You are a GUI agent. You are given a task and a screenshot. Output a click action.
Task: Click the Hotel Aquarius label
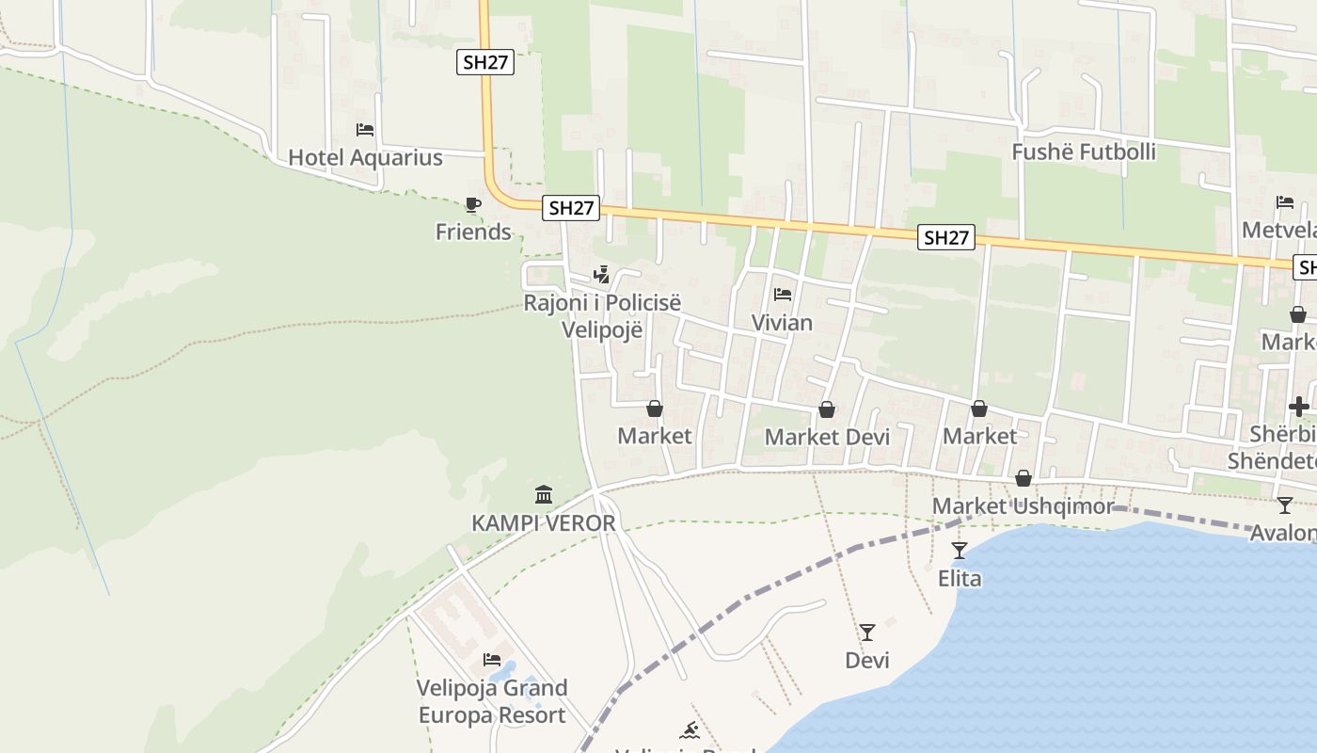tap(365, 157)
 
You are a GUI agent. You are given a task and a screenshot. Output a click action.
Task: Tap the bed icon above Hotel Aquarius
tap(365, 130)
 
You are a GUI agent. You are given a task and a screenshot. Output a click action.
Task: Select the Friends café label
tap(473, 232)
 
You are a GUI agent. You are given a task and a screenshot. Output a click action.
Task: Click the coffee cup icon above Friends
tap(473, 204)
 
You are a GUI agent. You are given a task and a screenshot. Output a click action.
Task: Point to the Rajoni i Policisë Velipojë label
tap(602, 316)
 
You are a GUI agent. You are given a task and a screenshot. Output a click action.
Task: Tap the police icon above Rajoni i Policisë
tap(601, 275)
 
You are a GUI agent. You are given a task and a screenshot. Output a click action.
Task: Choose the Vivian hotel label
tap(782, 323)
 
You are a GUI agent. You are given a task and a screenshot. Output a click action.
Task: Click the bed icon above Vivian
tap(782, 296)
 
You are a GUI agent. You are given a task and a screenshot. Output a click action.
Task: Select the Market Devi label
tap(827, 437)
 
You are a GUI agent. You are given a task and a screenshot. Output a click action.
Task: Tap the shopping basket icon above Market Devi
tap(827, 409)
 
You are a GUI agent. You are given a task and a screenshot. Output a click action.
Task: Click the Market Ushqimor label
tap(1023, 506)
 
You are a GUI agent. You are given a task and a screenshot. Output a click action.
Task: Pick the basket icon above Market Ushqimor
tap(1023, 479)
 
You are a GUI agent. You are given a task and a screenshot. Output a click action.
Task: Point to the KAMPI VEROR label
tap(544, 522)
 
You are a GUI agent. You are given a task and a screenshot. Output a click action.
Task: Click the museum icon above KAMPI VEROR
tap(544, 494)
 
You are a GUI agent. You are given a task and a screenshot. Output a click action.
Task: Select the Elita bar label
tap(960, 578)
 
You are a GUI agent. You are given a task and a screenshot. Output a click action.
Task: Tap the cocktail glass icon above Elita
tap(960, 551)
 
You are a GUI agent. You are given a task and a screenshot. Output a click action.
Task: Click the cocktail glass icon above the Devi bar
tap(867, 633)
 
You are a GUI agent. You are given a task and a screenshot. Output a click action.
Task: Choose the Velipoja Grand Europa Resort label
tap(492, 701)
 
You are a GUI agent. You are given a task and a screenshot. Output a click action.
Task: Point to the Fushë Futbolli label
tap(1084, 152)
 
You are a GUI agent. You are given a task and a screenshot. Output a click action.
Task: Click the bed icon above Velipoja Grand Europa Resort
tap(492, 660)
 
